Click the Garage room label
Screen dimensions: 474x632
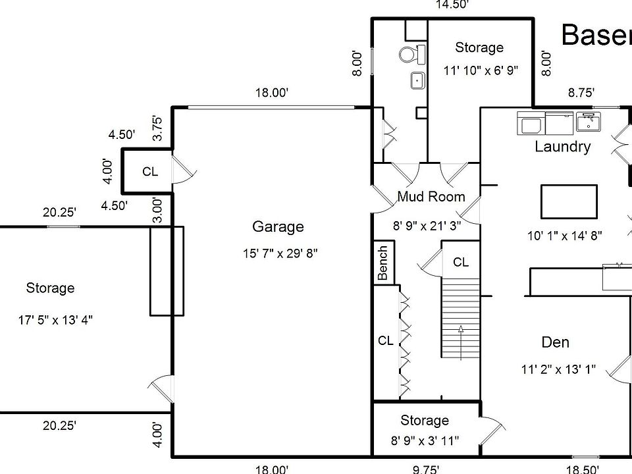click(278, 227)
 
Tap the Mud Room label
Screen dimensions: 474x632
click(431, 197)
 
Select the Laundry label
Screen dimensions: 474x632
click(562, 147)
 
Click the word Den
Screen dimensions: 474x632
click(555, 342)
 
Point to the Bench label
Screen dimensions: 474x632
click(383, 263)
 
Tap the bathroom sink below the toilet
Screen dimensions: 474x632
click(417, 80)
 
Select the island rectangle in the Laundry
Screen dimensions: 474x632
click(570, 201)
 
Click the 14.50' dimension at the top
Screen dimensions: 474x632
click(452, 5)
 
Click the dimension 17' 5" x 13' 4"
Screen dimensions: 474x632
click(55, 321)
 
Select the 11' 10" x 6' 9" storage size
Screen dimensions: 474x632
click(481, 70)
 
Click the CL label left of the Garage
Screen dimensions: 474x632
click(150, 172)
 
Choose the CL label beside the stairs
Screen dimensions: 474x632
click(461, 262)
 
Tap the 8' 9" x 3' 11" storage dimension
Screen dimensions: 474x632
click(425, 440)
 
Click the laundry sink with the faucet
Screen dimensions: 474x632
click(587, 122)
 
